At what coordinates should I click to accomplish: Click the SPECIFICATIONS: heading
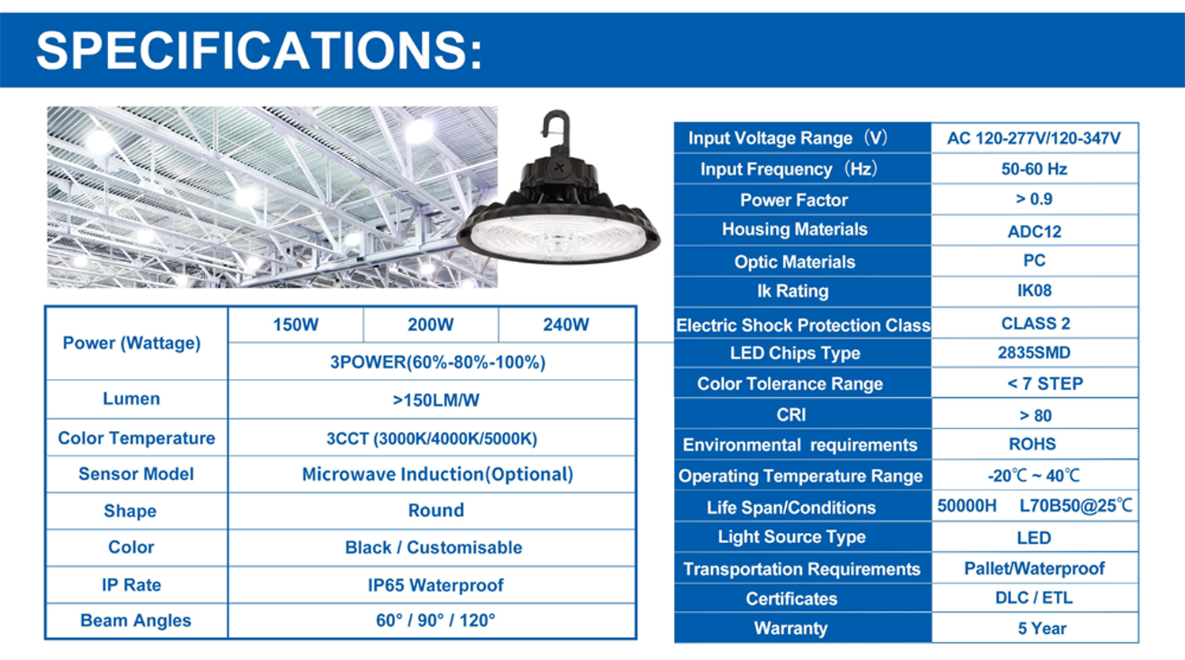tap(259, 51)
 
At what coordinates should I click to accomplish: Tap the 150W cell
tap(295, 324)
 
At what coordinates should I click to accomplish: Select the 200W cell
tap(431, 324)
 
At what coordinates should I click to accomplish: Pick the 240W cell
tap(566, 324)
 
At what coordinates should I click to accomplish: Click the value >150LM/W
tap(436, 399)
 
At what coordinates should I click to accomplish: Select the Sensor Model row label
tap(136, 474)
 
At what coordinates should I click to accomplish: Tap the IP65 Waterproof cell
tap(435, 585)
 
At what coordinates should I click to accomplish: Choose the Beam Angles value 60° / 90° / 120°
tap(435, 620)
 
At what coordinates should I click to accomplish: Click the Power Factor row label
tap(793, 200)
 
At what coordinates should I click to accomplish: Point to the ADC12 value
tap(1034, 231)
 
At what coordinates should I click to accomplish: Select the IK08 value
tap(1034, 291)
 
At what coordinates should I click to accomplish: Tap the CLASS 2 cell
tap(1035, 323)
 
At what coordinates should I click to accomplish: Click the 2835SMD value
tap(1034, 352)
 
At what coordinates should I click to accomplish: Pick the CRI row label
tap(792, 414)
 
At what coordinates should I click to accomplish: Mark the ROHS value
tap(1032, 444)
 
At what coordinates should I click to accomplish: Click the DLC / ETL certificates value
tap(1033, 598)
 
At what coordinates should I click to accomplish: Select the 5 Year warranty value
tap(1042, 628)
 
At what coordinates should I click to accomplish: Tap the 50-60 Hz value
tap(1034, 169)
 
